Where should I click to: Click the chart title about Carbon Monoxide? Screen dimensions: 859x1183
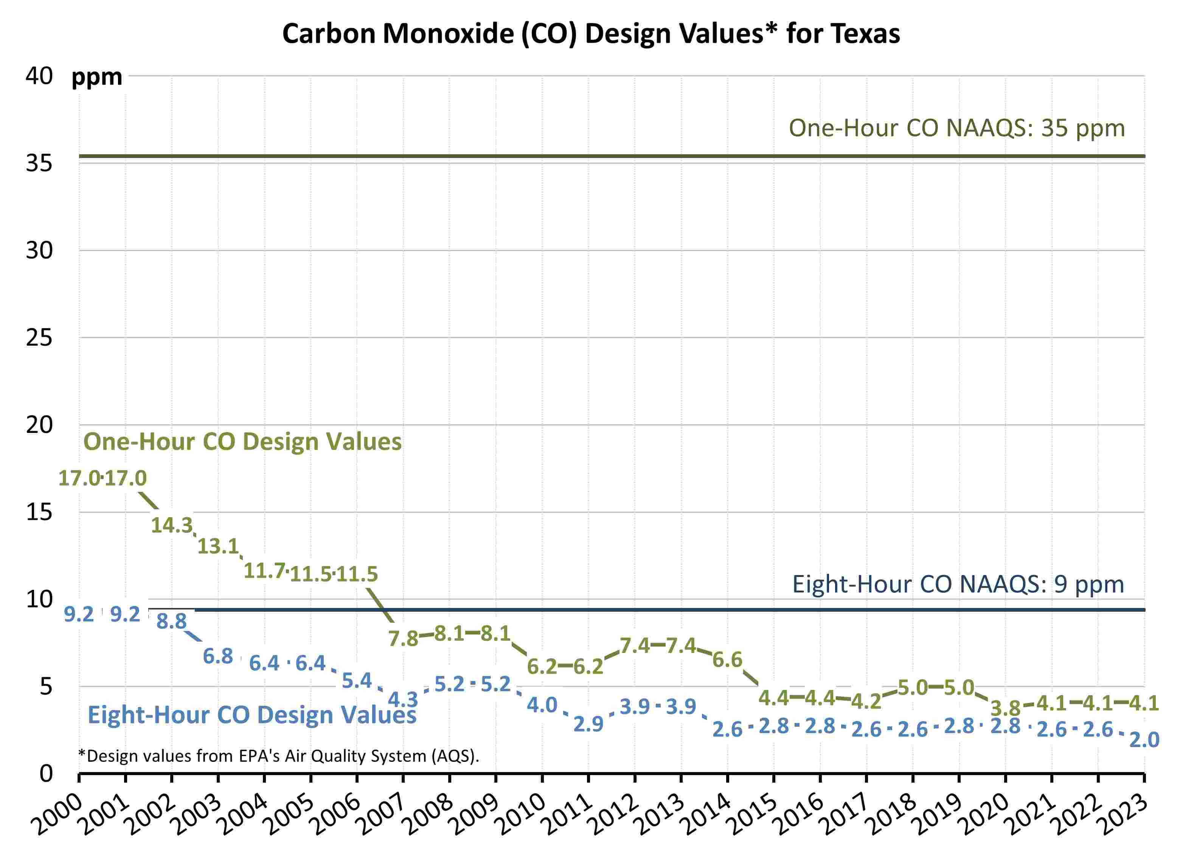[x=591, y=33]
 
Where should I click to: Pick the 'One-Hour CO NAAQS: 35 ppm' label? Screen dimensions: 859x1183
[x=956, y=128]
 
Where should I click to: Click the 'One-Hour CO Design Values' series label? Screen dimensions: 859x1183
[x=242, y=442]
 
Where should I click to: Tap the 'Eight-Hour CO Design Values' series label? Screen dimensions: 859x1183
[x=252, y=715]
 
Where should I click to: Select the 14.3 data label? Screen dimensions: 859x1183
[x=172, y=525]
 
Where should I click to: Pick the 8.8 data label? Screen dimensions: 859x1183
[x=172, y=622]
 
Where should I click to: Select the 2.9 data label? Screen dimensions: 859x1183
[x=588, y=724]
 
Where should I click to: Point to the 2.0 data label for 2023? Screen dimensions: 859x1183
[x=1144, y=740]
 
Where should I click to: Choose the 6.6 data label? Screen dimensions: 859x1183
[x=728, y=660]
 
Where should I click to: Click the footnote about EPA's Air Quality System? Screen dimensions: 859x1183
[x=278, y=756]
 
